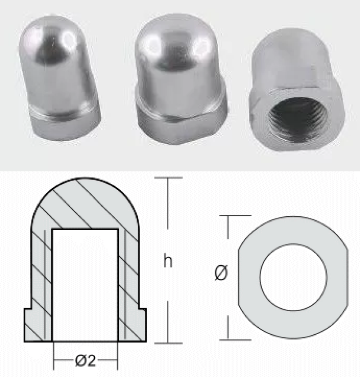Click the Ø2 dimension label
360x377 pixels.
click(85, 361)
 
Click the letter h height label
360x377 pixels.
click(168, 261)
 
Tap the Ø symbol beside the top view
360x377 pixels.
click(221, 273)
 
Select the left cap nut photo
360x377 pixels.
click(59, 78)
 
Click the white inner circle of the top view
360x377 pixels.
click(293, 277)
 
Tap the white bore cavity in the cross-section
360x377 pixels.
click(85, 285)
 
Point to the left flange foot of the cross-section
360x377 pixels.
click(38, 325)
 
